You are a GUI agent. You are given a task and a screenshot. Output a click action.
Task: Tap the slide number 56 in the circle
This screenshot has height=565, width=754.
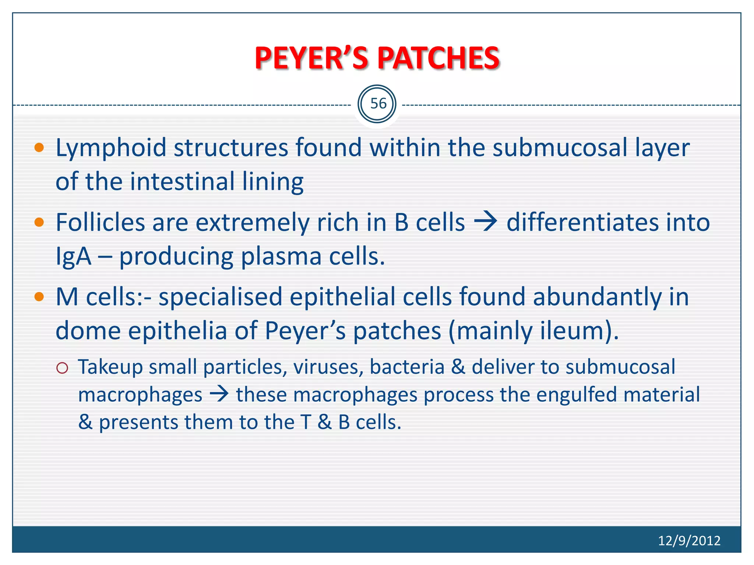(x=378, y=104)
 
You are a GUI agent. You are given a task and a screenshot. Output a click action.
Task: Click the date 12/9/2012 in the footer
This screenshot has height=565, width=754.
(x=689, y=540)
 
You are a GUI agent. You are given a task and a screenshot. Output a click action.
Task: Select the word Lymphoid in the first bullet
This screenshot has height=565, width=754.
(x=110, y=148)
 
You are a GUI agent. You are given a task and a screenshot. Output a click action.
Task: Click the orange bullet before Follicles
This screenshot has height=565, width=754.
(x=39, y=222)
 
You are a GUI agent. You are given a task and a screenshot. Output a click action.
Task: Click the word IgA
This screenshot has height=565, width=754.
(x=73, y=256)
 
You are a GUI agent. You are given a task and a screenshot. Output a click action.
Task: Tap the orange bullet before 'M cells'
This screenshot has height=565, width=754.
(x=39, y=296)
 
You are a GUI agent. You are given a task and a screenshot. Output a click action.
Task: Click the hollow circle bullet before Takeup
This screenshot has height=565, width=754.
(x=63, y=368)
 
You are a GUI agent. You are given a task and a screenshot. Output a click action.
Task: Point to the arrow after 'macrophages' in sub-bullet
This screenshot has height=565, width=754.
(x=219, y=395)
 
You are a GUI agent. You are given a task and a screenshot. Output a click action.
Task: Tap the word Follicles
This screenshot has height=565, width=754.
(x=100, y=222)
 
